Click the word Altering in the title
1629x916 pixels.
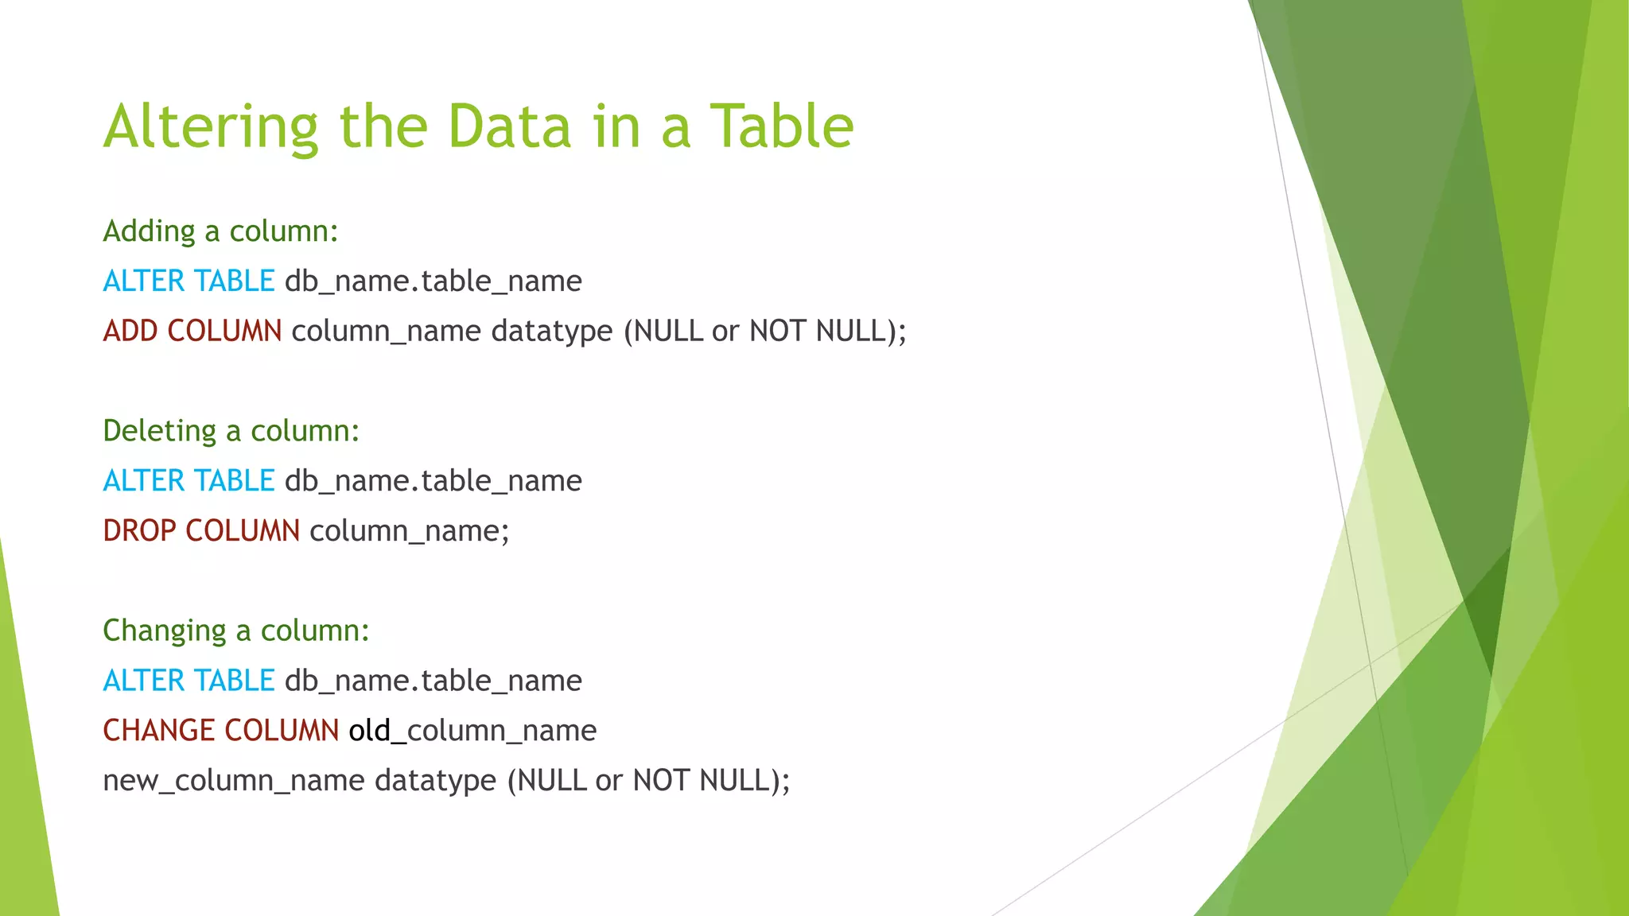pos(211,127)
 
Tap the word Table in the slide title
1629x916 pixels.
pos(781,127)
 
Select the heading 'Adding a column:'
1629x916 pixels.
pos(221,231)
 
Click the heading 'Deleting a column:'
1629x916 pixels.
pos(231,431)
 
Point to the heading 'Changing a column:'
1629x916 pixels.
pos(236,631)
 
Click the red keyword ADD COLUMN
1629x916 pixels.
pos(192,331)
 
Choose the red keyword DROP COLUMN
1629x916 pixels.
pos(201,530)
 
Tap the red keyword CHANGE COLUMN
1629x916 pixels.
pos(221,730)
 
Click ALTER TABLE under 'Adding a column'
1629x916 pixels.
pos(189,281)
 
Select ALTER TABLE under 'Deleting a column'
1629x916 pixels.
pos(189,481)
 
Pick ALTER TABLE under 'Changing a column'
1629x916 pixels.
pos(189,681)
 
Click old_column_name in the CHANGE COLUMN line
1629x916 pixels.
pos(472,730)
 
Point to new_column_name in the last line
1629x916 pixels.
pos(233,780)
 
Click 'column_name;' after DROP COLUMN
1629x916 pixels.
pos(409,530)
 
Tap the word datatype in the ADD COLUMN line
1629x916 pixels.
pos(552,331)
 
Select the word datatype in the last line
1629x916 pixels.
pos(435,780)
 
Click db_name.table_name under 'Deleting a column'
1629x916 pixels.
pos(433,481)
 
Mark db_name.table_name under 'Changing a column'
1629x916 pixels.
pos(433,681)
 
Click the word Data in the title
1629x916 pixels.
pos(509,127)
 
